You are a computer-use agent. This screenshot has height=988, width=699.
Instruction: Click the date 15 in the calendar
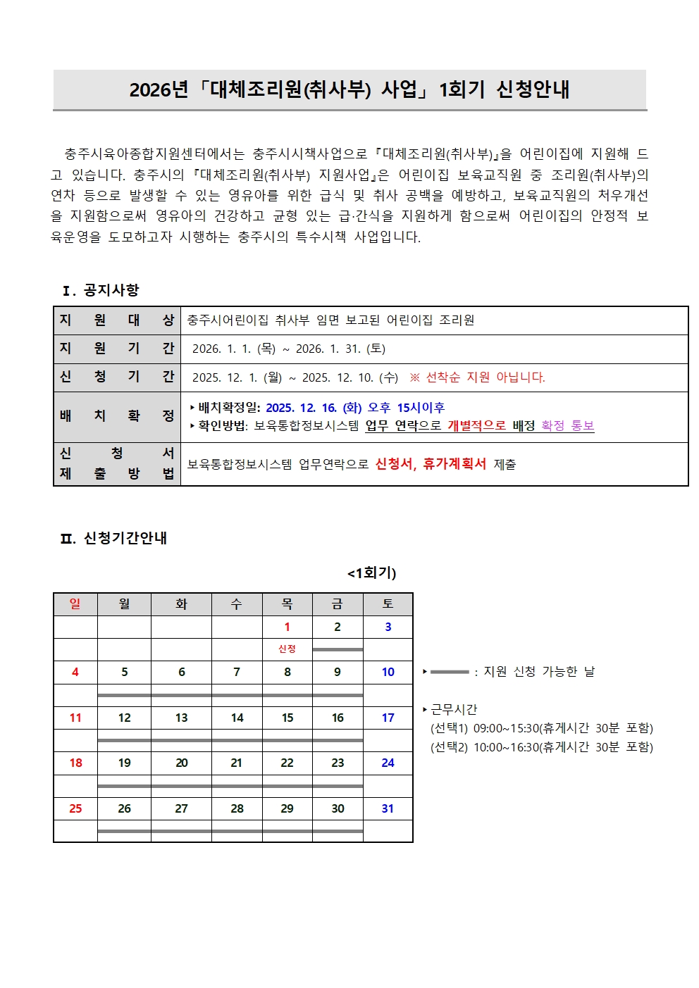(x=287, y=718)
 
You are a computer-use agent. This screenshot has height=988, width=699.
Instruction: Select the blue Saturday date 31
(x=388, y=808)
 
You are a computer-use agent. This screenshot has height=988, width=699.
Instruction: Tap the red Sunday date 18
(x=75, y=763)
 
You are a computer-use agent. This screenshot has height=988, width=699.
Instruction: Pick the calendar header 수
(x=237, y=604)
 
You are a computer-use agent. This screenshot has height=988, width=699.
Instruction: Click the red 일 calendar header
(x=75, y=604)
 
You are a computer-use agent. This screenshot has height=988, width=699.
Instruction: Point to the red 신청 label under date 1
(x=287, y=649)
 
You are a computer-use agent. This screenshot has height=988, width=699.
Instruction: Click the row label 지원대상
(x=117, y=320)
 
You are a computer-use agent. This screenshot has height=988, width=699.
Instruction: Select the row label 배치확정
(x=117, y=416)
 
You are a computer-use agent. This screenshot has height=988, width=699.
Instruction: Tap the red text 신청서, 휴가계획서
(x=431, y=464)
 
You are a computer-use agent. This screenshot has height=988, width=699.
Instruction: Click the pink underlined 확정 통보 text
(x=567, y=426)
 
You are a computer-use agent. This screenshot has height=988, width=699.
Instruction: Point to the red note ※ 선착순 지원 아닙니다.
(x=477, y=377)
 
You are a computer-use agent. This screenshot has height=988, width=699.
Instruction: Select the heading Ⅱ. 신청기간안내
(x=113, y=538)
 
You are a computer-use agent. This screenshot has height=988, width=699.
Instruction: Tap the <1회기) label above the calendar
(x=371, y=573)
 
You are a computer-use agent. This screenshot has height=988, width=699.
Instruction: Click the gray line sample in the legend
(x=449, y=672)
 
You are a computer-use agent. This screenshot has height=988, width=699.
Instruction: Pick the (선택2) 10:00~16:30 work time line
(x=541, y=747)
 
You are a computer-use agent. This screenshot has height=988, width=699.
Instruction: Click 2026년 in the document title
(x=159, y=90)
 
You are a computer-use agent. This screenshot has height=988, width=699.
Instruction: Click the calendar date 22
(x=287, y=763)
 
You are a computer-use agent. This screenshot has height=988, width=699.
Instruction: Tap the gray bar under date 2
(x=338, y=649)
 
